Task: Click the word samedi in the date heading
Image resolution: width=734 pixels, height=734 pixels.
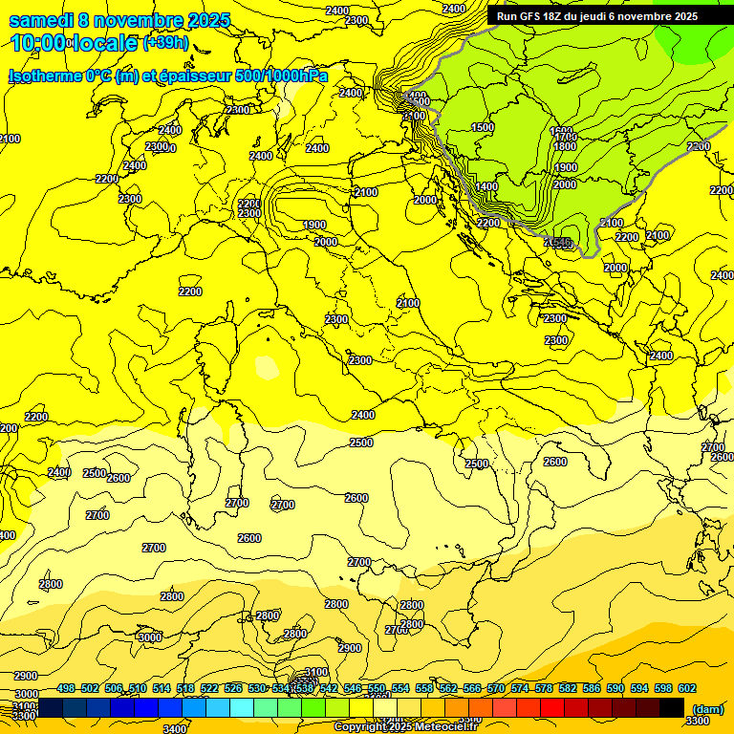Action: pos(44,21)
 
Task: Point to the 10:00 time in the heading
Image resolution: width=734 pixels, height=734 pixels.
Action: pos(38,43)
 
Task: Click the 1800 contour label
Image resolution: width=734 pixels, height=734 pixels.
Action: pos(565,146)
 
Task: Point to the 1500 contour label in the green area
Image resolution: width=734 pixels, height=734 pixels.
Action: pos(483,127)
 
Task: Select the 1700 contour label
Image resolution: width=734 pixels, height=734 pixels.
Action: pos(565,138)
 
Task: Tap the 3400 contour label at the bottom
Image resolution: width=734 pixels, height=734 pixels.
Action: pos(176,729)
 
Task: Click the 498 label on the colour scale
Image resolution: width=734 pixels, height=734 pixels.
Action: pos(66,689)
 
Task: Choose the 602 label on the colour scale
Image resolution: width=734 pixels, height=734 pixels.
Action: pos(687,689)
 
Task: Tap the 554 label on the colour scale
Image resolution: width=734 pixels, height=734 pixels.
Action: pos(400,689)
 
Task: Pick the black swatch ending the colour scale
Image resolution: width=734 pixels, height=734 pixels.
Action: pos(672,707)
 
